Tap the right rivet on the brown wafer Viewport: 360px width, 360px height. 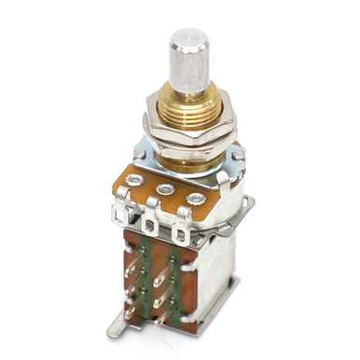(x=195, y=199)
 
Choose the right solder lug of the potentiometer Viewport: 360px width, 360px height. (x=179, y=232)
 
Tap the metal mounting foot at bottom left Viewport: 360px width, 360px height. (x=116, y=325)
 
